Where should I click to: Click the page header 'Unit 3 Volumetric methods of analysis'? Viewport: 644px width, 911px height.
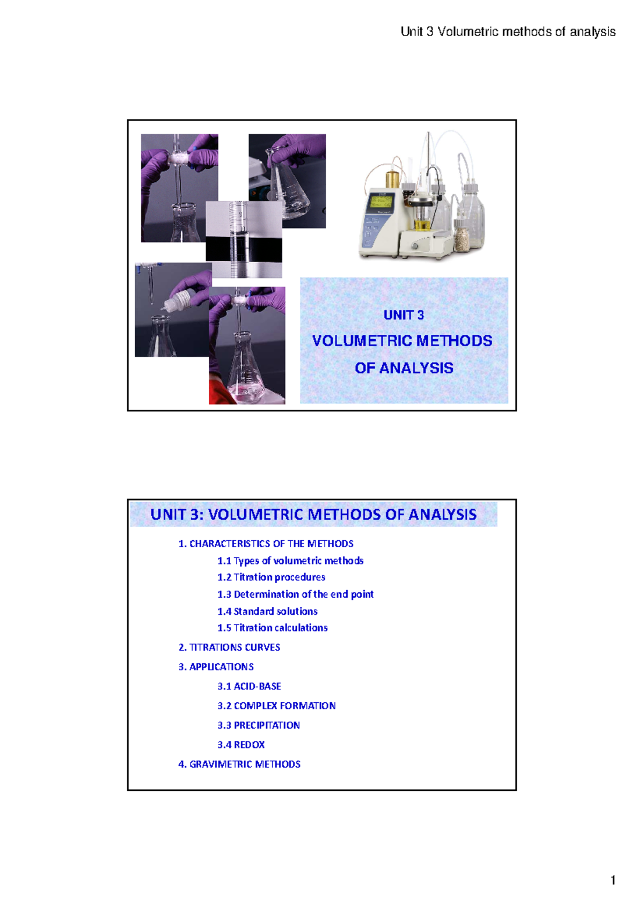508,32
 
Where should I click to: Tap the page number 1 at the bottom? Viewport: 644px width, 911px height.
613,880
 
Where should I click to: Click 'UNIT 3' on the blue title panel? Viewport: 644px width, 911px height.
404,315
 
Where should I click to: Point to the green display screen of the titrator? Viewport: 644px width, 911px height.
380,202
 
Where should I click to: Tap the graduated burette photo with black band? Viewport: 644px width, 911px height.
244,239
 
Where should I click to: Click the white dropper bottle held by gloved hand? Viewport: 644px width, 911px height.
178,301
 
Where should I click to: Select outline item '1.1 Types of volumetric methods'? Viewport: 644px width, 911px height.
290,561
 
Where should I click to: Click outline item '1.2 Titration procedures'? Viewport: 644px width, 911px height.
271,577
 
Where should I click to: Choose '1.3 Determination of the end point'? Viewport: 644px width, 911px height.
295,594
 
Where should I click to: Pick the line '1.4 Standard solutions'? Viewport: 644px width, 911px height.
267,611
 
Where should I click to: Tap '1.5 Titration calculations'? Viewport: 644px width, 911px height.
272,628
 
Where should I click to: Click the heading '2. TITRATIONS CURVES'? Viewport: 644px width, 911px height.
229,648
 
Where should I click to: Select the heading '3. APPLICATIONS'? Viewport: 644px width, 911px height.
216,667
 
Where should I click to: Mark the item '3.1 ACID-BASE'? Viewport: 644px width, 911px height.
249,686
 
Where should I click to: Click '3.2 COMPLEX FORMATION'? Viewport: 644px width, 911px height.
276,706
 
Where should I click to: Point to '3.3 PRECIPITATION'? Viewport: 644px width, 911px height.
258,725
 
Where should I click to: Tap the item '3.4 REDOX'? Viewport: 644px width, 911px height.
241,745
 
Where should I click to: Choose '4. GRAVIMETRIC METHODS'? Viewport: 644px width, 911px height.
239,764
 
